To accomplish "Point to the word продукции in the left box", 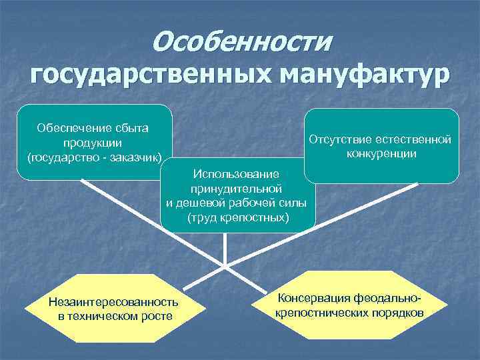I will (x=93, y=143).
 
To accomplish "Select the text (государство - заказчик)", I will (x=93, y=158).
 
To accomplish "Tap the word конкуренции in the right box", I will (x=381, y=154).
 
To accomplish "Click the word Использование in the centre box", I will (x=238, y=174).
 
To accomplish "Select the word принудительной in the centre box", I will (x=237, y=189).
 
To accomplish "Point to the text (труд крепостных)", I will (x=238, y=218).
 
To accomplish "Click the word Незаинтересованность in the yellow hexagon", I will (x=113, y=301).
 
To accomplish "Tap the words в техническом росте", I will (x=114, y=315).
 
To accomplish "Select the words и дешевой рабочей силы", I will (x=237, y=203).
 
